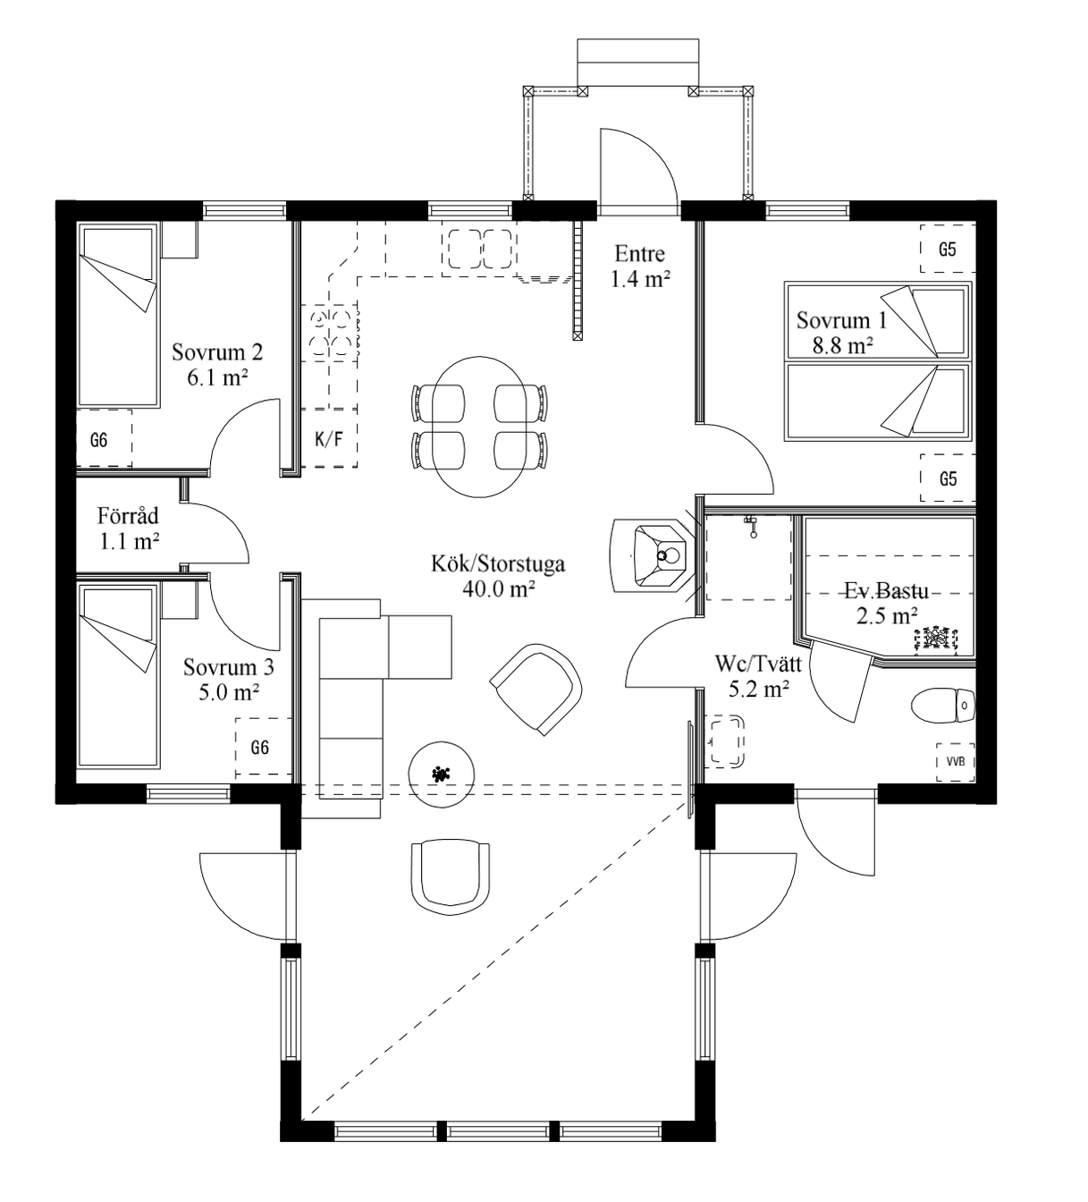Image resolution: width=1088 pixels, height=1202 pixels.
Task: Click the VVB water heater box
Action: click(x=955, y=762)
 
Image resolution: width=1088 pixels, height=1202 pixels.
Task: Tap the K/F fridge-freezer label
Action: click(x=329, y=439)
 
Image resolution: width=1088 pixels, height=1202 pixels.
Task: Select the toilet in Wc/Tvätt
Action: click(x=943, y=706)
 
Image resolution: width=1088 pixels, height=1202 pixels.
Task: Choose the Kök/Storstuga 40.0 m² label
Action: click(x=498, y=577)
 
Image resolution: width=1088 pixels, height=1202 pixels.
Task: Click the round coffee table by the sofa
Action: click(x=442, y=774)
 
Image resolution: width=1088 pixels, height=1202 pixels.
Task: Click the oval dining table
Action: click(x=479, y=427)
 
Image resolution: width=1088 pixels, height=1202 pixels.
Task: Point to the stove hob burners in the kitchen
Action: click(x=330, y=334)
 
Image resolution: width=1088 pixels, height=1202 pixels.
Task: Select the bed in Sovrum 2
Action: click(x=119, y=316)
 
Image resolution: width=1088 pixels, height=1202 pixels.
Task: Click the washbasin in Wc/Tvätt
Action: click(x=725, y=741)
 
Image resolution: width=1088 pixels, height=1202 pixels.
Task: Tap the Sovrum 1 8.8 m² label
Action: click(x=842, y=333)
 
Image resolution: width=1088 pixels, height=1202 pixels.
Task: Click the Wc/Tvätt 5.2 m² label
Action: click(x=758, y=676)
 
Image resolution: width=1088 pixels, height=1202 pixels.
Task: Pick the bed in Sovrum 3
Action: click(x=119, y=676)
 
